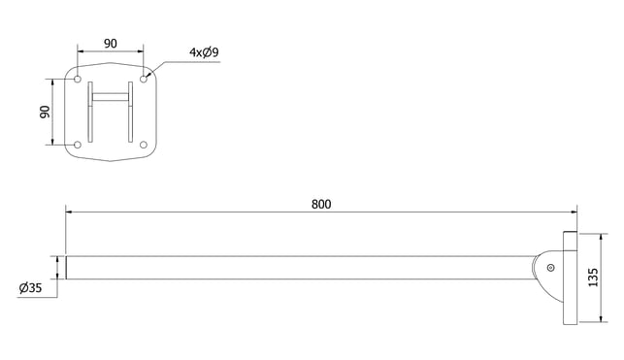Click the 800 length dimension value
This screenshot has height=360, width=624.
pos(321,204)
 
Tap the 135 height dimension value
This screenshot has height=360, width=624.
pos(593,278)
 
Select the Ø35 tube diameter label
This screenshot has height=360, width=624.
pos(30,287)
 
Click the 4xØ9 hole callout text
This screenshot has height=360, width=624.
pos(204,52)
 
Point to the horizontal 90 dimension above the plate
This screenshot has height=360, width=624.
pos(111,44)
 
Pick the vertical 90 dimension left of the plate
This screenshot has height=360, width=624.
pos(45,112)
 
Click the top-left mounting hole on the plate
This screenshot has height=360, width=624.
pos(78,79)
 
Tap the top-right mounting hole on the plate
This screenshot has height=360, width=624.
pos(144,79)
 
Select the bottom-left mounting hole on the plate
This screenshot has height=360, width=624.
pos(78,145)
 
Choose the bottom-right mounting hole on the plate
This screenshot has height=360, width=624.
pos(144,145)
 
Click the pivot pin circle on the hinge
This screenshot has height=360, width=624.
pos(551,268)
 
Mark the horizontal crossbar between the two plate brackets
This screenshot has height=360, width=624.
pos(111,97)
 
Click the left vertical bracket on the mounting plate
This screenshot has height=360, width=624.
pos(90,112)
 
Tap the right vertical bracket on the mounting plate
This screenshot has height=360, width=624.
pos(131,112)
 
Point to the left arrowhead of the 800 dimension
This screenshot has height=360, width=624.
pos(69,213)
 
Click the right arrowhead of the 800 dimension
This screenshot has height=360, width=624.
pos(575,213)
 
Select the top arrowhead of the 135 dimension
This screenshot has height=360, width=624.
pos(601,237)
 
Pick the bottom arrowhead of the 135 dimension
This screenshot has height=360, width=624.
pos(601,319)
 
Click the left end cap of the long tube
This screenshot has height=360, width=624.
pos(66,268)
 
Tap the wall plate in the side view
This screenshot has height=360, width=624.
pos(571,278)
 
